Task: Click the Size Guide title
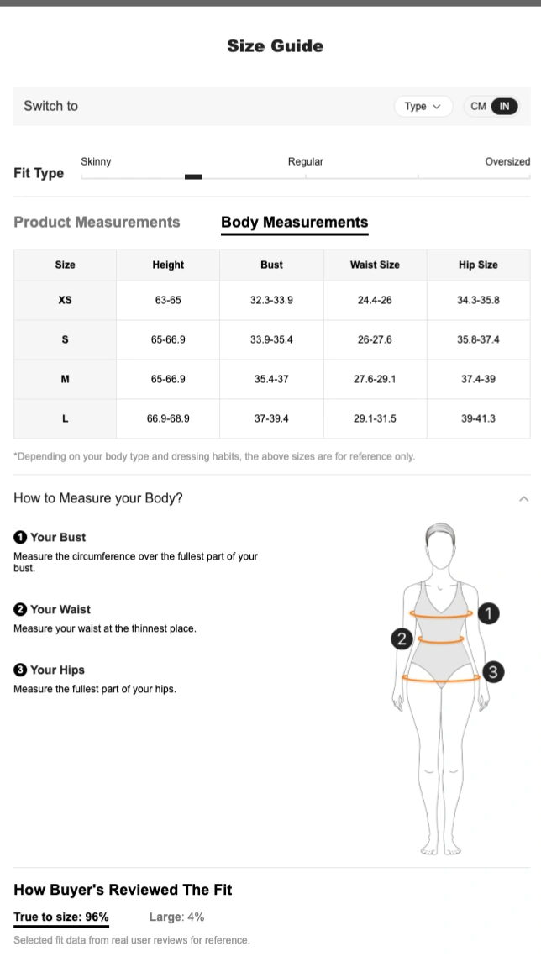coord(276,46)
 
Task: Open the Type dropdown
coord(423,106)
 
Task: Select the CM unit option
coord(479,106)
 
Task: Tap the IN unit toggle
coord(504,106)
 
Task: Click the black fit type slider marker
coord(193,176)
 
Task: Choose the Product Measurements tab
coord(97,222)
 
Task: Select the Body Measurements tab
coord(294,222)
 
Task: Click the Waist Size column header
coord(375,265)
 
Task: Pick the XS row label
coord(65,300)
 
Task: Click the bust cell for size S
coord(271,339)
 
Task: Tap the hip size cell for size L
coord(479,418)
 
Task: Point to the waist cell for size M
coord(375,379)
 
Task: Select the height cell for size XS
coord(168,300)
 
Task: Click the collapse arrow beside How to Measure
coord(524,499)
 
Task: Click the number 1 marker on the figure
coord(488,612)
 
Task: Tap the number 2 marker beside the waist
coord(402,639)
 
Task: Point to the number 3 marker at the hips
coord(493,672)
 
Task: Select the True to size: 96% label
coord(61,917)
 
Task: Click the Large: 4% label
coord(176,917)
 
